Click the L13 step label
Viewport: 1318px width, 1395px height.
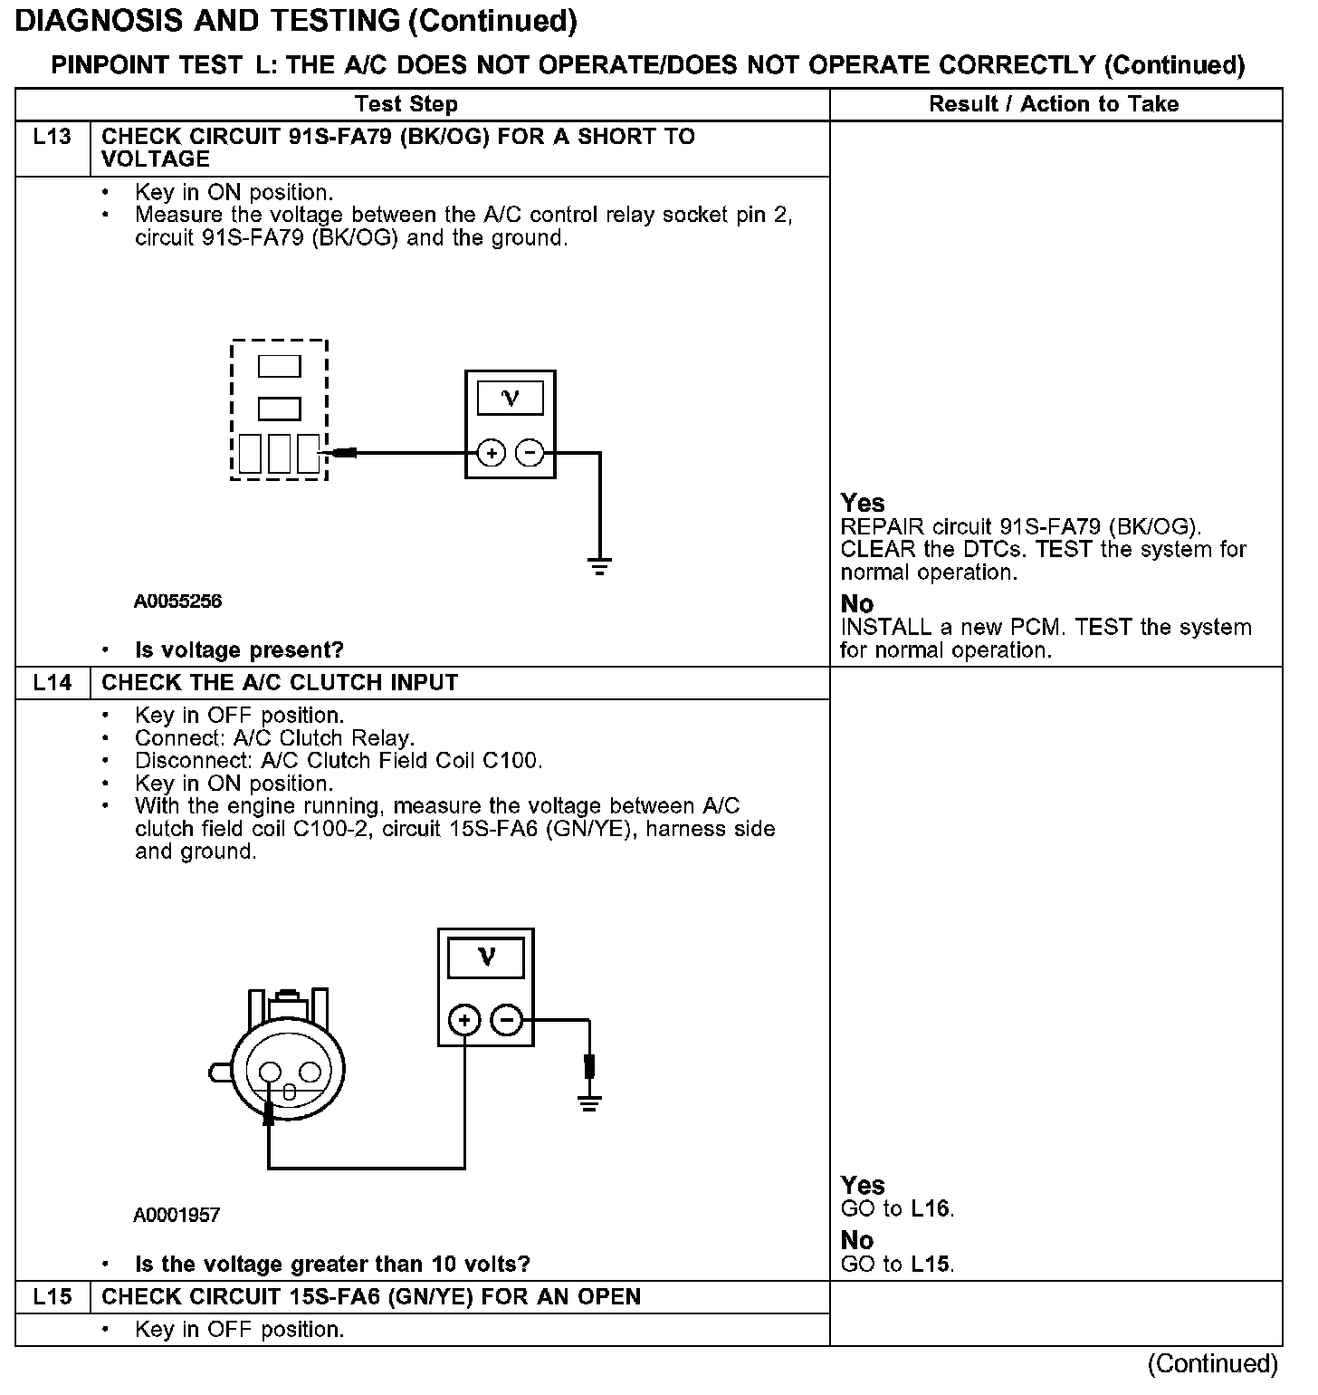[52, 137]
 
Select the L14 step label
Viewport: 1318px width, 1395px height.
[52, 683]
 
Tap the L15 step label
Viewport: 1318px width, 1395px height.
[52, 1297]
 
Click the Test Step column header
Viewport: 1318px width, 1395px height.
[406, 104]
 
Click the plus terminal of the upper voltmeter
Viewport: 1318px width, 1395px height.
[491, 452]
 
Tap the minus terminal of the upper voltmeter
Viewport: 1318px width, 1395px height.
[530, 452]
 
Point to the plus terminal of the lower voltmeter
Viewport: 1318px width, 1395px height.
[464, 1021]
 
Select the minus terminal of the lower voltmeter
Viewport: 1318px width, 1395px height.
[506, 1021]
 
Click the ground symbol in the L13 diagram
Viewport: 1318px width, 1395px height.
[599, 567]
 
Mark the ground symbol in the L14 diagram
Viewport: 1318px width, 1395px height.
[589, 1102]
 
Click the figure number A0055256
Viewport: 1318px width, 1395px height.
[178, 601]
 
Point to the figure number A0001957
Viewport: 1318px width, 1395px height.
[177, 1215]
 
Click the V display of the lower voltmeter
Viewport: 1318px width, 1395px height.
[486, 957]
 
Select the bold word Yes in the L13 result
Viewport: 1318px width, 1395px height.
[863, 503]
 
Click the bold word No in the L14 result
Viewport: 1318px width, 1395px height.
[857, 1240]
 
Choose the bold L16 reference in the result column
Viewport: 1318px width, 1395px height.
[931, 1208]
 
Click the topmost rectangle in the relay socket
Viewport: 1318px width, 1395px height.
[280, 366]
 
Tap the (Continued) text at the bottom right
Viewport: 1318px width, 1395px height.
[1212, 1364]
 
